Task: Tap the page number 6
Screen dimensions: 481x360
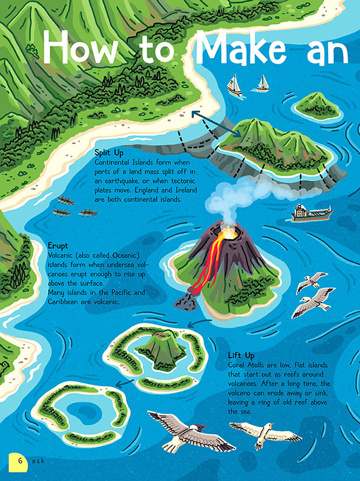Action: tap(20, 461)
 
